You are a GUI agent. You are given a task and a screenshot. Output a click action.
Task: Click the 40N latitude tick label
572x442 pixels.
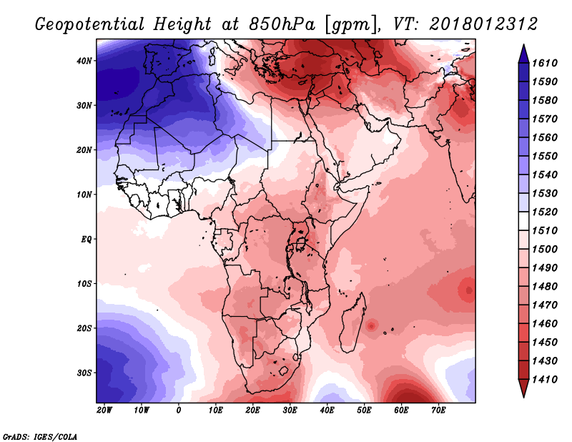pyautogui.click(x=84, y=61)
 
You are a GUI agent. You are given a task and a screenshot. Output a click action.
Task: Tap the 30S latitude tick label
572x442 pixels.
pyautogui.click(x=84, y=373)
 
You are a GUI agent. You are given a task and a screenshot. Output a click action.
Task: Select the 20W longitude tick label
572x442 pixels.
pyautogui.click(x=104, y=411)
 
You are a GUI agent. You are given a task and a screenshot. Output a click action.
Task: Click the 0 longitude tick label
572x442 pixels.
pyautogui.click(x=178, y=411)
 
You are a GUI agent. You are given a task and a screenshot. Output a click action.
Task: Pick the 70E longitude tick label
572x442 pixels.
pyautogui.click(x=438, y=411)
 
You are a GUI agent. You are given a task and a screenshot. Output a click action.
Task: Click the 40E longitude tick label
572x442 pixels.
pyautogui.click(x=327, y=411)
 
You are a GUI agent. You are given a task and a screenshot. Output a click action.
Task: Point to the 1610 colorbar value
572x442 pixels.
pyautogui.click(x=545, y=63)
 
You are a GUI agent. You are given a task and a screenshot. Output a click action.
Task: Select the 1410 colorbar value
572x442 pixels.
pyautogui.click(x=545, y=380)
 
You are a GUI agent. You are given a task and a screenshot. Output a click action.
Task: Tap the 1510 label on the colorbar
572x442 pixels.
pyautogui.click(x=545, y=231)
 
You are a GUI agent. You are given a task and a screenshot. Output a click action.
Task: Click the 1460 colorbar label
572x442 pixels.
pyautogui.click(x=545, y=324)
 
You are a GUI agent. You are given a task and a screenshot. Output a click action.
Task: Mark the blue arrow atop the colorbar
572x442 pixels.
pyautogui.click(x=524, y=54)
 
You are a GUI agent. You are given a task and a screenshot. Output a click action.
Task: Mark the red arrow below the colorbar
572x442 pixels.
pyautogui.click(x=524, y=388)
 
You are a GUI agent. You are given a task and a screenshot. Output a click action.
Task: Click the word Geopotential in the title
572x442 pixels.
pyautogui.click(x=90, y=25)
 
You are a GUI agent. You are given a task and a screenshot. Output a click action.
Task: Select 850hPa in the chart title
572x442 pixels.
pyautogui.click(x=282, y=24)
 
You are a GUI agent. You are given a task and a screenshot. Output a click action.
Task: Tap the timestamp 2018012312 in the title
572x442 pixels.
pyautogui.click(x=483, y=24)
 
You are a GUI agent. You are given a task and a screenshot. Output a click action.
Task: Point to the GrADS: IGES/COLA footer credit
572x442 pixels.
pyautogui.click(x=40, y=437)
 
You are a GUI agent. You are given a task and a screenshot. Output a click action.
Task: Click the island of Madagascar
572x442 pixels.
pyautogui.click(x=352, y=323)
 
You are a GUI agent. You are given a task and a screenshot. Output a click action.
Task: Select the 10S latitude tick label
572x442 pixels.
pyautogui.click(x=84, y=284)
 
